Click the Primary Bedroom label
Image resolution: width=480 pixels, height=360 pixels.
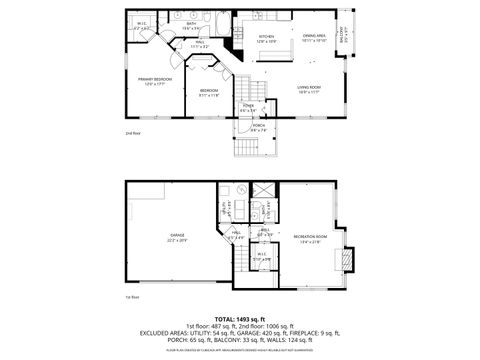[x=154, y=82]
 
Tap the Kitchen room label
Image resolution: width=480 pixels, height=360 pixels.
[x=265, y=40]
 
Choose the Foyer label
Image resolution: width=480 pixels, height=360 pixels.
[x=249, y=108]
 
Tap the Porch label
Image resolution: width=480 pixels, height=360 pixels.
[x=258, y=127]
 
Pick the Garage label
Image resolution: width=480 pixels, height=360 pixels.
[x=176, y=238]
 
